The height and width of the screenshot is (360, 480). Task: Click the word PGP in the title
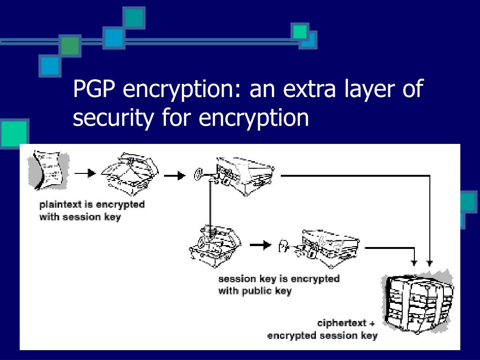94,88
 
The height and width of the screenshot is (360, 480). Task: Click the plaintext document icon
49,170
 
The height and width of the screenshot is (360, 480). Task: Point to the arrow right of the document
85,173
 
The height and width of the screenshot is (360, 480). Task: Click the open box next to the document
130,173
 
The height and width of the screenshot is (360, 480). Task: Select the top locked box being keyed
245,176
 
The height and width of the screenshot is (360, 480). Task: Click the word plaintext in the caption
60,204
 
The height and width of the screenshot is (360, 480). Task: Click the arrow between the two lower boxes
261,245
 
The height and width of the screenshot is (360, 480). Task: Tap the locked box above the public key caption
329,248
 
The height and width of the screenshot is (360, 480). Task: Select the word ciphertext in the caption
342,323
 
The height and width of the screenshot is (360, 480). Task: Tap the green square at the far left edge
14,134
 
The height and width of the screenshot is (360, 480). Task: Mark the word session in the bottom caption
338,336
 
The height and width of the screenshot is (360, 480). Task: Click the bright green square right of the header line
300,32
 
